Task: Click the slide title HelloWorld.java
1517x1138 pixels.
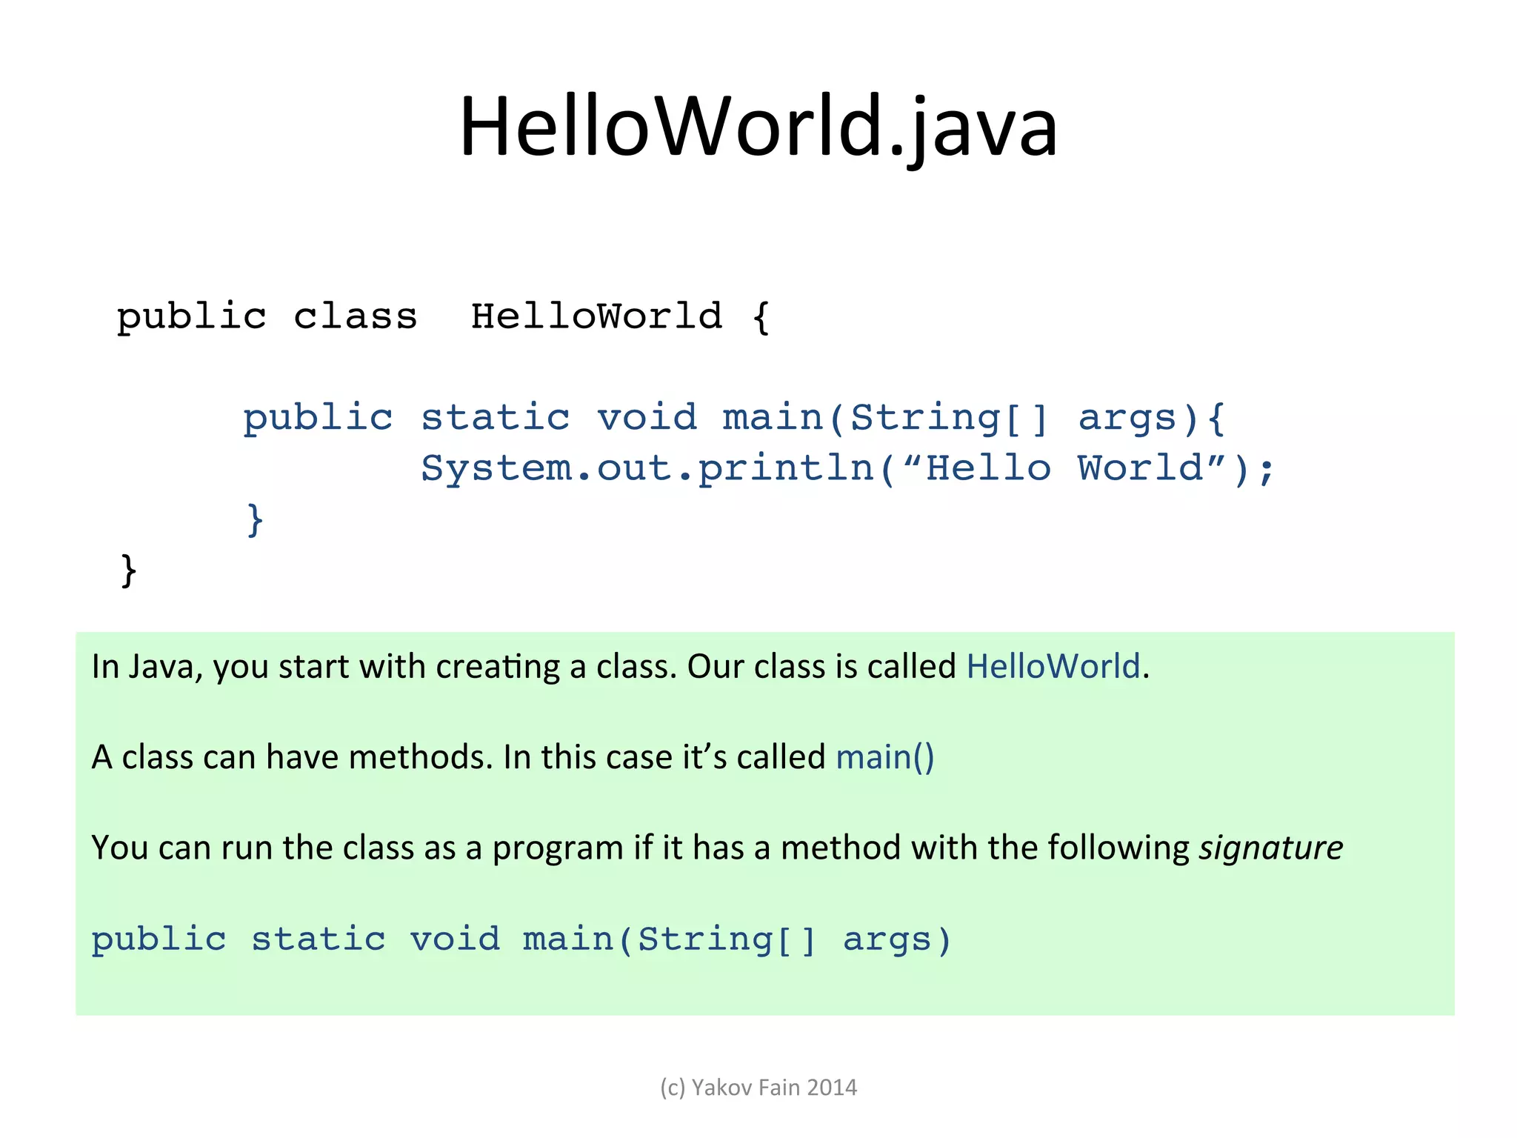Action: pyautogui.click(x=758, y=127)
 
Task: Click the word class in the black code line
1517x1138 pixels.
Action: pyautogui.click(x=356, y=317)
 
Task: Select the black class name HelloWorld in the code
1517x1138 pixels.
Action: pyautogui.click(x=596, y=316)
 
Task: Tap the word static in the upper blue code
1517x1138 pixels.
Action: pyautogui.click(x=496, y=418)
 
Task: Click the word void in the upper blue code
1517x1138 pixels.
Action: pyautogui.click(x=647, y=418)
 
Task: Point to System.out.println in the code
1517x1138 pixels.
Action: pyautogui.click(x=647, y=468)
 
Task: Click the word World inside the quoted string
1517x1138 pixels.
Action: pyautogui.click(x=1140, y=468)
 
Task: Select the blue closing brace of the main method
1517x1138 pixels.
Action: pyautogui.click(x=255, y=519)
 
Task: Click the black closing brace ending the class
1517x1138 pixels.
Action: pyautogui.click(x=129, y=570)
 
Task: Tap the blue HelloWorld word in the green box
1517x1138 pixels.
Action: pyautogui.click(x=1053, y=667)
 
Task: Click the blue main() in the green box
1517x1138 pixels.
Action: pyautogui.click(x=885, y=757)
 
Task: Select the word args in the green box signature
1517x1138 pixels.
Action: pyautogui.click(x=887, y=939)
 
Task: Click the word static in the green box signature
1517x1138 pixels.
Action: pyautogui.click(x=319, y=939)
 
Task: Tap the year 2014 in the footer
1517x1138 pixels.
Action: pyautogui.click(x=831, y=1088)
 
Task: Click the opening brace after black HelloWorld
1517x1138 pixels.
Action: pyautogui.click(x=761, y=317)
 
